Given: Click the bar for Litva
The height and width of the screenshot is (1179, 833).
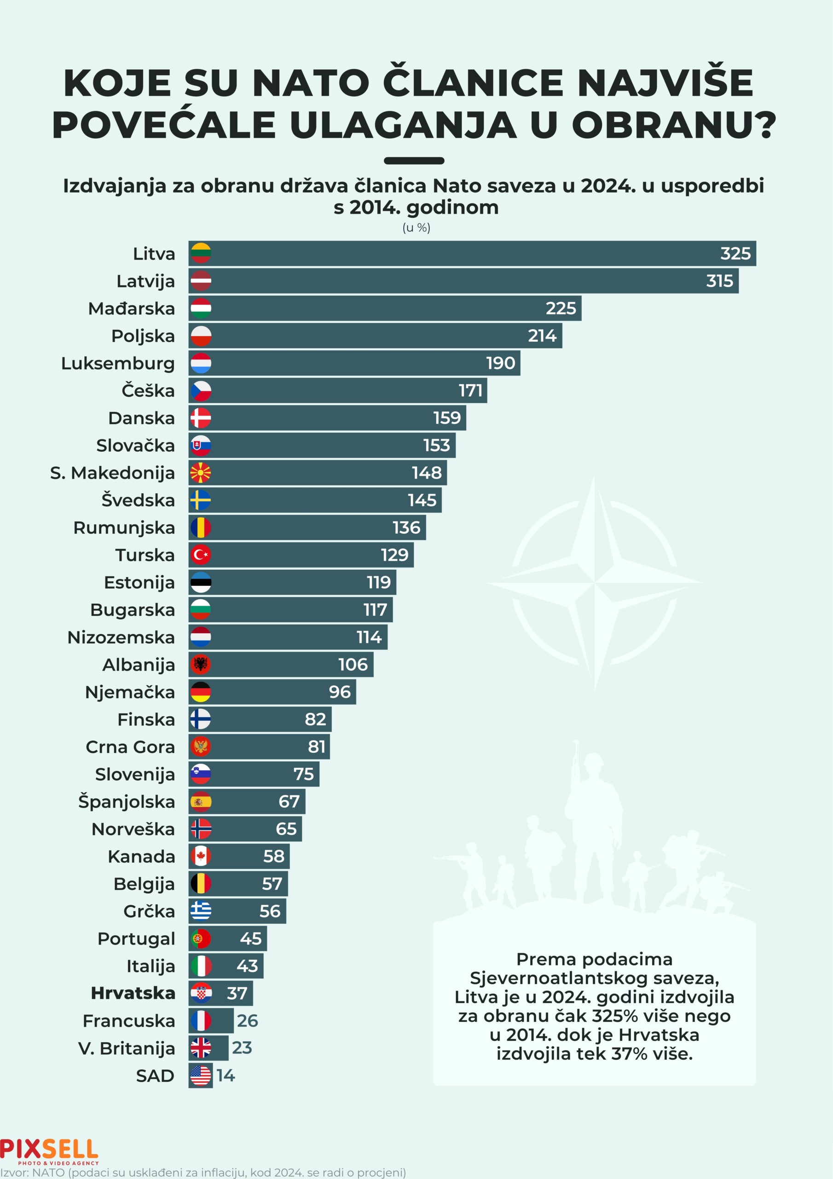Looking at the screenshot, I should (x=472, y=253).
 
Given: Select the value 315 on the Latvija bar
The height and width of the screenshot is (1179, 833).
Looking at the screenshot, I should (x=720, y=281).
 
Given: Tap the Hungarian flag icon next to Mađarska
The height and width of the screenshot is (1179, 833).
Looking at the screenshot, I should (x=201, y=308).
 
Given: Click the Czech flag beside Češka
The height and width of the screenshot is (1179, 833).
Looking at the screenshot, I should (x=201, y=391).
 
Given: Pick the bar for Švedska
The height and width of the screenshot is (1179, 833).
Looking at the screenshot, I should (x=315, y=500).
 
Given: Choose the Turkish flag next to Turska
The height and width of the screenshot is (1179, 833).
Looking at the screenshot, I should (x=201, y=554).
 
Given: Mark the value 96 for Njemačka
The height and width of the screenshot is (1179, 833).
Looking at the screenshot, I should (x=340, y=692).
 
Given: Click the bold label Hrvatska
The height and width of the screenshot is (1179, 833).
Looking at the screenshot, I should (x=133, y=993).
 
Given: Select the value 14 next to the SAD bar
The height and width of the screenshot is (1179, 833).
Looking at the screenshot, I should (x=226, y=1075).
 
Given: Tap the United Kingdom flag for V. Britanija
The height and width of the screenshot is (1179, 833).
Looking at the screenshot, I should (x=201, y=1048).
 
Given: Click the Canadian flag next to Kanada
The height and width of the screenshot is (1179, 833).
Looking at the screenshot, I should (x=201, y=856).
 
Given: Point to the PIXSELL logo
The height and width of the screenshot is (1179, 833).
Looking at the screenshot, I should (x=49, y=1151).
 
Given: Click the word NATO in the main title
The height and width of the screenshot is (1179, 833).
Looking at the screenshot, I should (x=311, y=83).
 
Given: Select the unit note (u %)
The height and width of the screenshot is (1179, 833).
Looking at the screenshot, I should (x=416, y=228).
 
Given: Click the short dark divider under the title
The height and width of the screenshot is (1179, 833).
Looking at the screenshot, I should (x=414, y=161).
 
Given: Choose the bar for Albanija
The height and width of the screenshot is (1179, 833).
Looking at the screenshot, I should (x=281, y=665).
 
